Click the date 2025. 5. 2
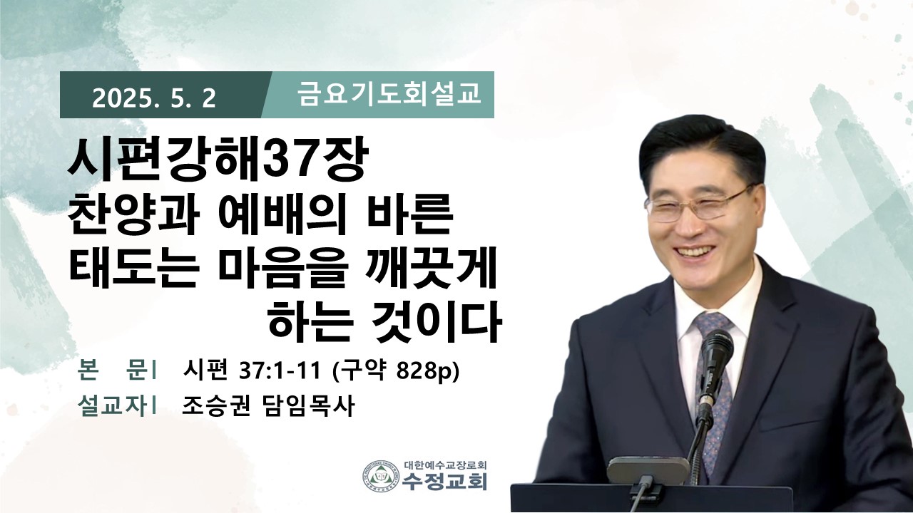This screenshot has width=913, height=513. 154,98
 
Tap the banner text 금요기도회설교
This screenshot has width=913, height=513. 389,95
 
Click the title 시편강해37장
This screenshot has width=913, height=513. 219,160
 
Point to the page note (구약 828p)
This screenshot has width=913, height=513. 396,371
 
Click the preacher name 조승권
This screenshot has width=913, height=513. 215,405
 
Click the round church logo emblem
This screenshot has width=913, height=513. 381,475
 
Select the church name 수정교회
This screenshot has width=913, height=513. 444,481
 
